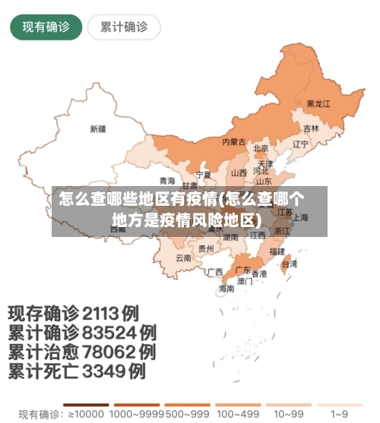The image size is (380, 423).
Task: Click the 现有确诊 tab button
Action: tap(46, 27)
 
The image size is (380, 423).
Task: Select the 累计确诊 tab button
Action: tap(124, 27)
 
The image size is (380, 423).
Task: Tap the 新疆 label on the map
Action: tap(98, 128)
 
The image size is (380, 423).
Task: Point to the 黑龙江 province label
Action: tap(318, 103)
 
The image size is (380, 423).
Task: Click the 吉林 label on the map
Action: tap(312, 128)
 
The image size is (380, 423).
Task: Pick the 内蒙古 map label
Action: tap(233, 142)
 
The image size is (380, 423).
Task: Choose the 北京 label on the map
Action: tap(261, 149)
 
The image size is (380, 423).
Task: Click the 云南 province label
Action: tap(183, 257)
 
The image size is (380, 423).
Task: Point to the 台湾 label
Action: tap(290, 264)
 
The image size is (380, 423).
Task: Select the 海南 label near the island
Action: tap(226, 289)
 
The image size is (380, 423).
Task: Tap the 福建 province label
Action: tap(277, 250)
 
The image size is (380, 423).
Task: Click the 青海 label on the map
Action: tap(167, 181)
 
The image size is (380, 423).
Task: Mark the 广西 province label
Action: tap(215, 271)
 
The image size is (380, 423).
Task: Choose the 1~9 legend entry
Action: tap(339, 414)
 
